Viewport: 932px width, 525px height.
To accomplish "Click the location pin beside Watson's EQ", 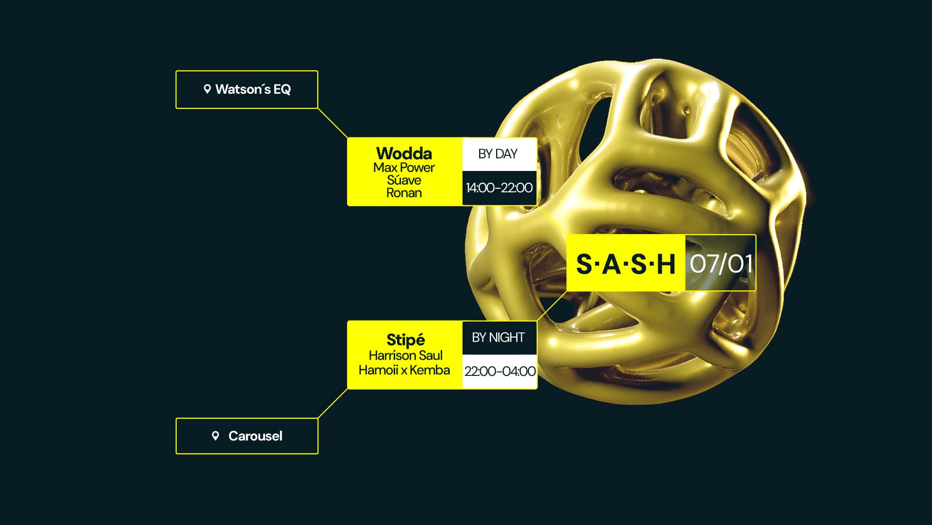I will pyautogui.click(x=207, y=89).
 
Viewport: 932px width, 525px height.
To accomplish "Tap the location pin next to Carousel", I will pyautogui.click(x=216, y=436).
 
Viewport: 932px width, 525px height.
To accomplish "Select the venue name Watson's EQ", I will pyautogui.click(x=253, y=89).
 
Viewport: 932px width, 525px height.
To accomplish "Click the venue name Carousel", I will pyautogui.click(x=255, y=436).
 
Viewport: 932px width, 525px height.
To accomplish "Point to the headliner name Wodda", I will pyautogui.click(x=404, y=153).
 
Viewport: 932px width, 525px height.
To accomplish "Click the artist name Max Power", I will pyautogui.click(x=404, y=168).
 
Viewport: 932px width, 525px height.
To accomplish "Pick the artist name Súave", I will pyautogui.click(x=404, y=180).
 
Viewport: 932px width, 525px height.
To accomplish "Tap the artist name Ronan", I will pyautogui.click(x=404, y=193).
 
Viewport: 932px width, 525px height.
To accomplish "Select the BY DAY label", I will pyautogui.click(x=498, y=154).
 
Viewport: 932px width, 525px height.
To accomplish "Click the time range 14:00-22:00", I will pyautogui.click(x=499, y=188).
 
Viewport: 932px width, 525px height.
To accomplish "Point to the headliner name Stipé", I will pyautogui.click(x=405, y=339).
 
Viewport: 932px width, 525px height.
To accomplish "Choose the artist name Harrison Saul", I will pyautogui.click(x=405, y=356).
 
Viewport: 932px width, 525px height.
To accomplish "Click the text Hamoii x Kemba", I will pyautogui.click(x=404, y=370).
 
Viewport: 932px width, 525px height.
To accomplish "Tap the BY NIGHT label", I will pyautogui.click(x=499, y=338).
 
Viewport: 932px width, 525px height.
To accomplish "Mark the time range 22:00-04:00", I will pyautogui.click(x=500, y=372).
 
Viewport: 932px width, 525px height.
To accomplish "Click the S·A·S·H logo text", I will pyautogui.click(x=626, y=264).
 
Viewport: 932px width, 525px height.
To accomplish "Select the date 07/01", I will pyautogui.click(x=721, y=264).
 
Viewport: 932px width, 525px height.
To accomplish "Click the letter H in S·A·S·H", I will pyautogui.click(x=666, y=264).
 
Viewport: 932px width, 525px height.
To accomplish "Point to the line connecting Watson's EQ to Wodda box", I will pyautogui.click(x=333, y=123).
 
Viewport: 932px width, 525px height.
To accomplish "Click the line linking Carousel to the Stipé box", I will pyautogui.click(x=333, y=403).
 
